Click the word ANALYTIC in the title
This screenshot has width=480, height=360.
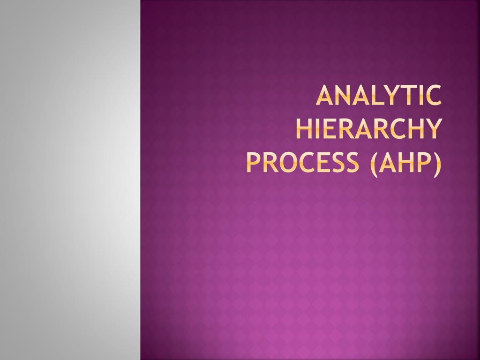[x=378, y=96]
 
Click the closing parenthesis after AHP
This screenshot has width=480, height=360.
[x=437, y=163]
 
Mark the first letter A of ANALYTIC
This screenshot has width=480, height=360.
[x=323, y=96]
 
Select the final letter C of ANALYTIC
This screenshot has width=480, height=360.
[x=434, y=96]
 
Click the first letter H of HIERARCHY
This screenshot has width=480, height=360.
[x=304, y=128]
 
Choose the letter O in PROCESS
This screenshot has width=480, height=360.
[x=286, y=162]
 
